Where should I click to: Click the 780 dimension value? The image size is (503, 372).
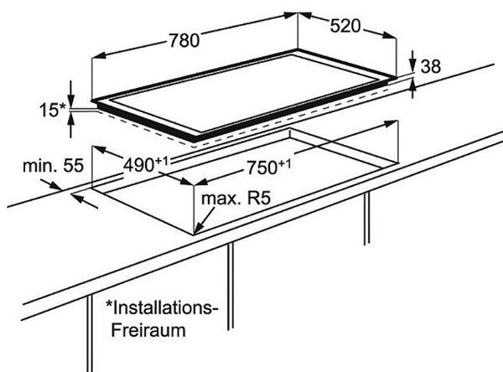point(184,41)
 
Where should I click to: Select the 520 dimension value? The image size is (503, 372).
point(345,26)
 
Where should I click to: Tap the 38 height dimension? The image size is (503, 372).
point(431,67)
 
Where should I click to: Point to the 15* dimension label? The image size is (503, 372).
point(52,110)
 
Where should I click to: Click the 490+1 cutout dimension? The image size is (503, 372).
point(146,164)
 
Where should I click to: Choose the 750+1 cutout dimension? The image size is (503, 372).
point(268,167)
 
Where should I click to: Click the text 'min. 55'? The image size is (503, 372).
point(54,166)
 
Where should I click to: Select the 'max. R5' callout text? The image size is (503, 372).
point(236,199)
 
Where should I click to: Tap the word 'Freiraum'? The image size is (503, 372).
point(148,330)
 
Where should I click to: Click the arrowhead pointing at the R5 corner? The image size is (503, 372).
point(198,229)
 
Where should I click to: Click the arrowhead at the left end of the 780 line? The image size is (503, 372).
point(99,56)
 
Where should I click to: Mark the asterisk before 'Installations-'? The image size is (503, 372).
point(109,303)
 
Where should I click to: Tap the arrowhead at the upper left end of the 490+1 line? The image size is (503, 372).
point(99,149)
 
